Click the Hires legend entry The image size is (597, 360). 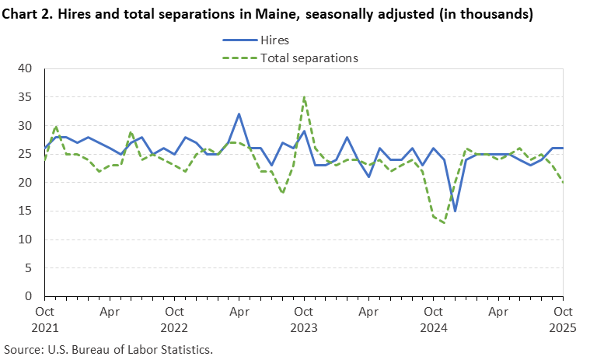[280, 40]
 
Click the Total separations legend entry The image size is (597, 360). [309, 58]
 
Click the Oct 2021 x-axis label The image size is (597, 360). [45, 320]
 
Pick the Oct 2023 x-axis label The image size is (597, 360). [304, 320]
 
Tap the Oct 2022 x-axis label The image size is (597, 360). [174, 320]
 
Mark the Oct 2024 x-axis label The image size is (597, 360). [434, 320]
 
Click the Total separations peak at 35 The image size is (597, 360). [304, 97]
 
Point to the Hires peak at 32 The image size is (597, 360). [239, 114]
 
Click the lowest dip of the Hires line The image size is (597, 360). [455, 211]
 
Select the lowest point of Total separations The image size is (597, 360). [445, 222]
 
